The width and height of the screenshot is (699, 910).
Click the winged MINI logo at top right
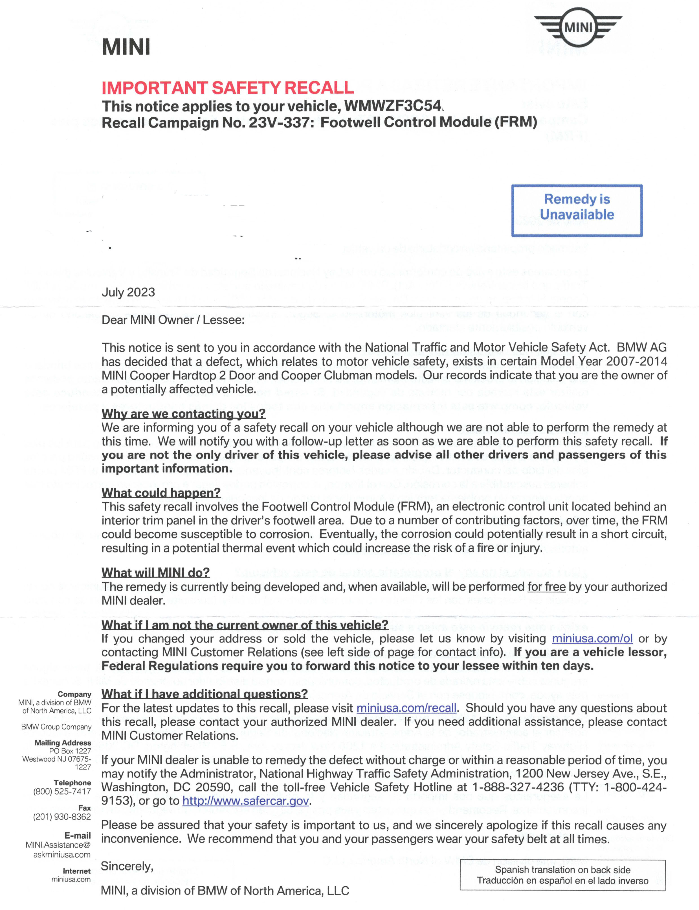tap(578, 28)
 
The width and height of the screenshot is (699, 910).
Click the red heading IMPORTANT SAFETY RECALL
tap(228, 88)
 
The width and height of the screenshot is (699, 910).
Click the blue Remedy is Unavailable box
tap(577, 210)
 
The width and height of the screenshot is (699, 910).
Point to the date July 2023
tap(128, 292)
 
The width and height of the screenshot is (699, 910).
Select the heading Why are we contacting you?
tap(183, 414)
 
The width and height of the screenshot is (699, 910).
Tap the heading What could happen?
tap(161, 493)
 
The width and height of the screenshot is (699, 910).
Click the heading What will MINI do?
tap(156, 573)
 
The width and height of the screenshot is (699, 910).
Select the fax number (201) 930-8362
tap(62, 817)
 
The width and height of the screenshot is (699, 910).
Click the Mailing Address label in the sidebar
tap(63, 743)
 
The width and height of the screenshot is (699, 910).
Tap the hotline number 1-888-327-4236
tap(518, 787)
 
